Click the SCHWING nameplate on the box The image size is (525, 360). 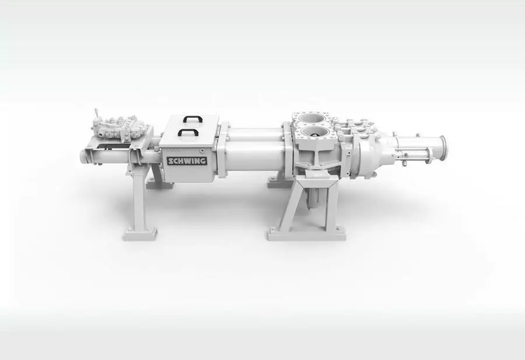tap(187, 161)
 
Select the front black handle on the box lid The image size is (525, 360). tap(188, 132)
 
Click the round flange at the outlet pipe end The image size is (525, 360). tap(442, 150)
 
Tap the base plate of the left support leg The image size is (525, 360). tap(140, 234)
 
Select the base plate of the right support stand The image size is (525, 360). tap(307, 234)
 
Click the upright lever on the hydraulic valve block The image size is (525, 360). tap(96, 114)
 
